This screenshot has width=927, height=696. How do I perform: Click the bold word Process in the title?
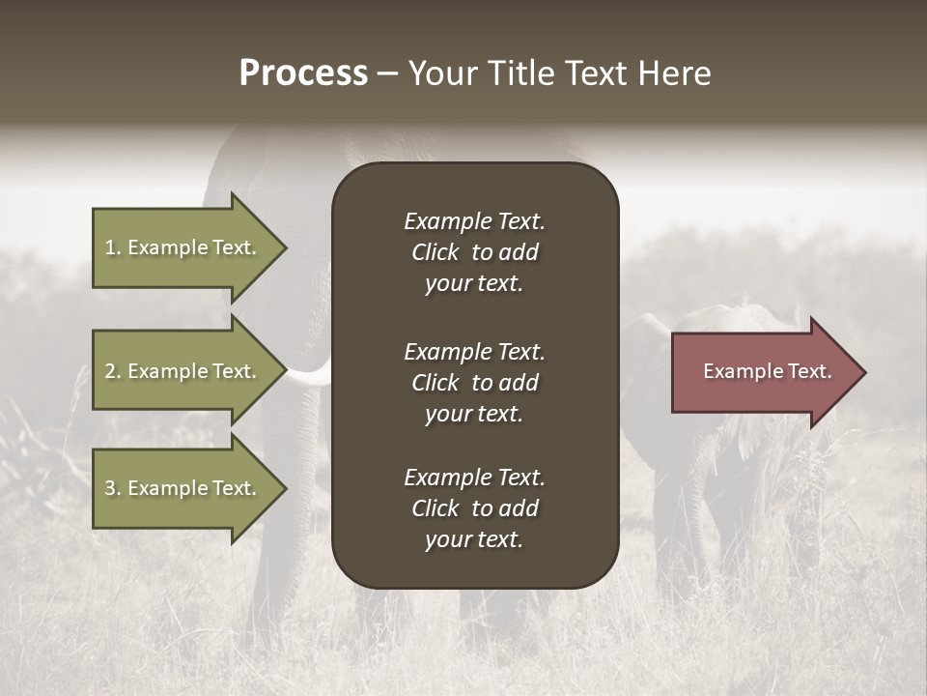point(303,73)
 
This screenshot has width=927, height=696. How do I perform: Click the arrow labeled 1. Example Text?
point(183,247)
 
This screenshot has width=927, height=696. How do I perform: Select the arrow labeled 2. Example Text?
point(183,371)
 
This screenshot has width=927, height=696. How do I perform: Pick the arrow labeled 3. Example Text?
point(183,488)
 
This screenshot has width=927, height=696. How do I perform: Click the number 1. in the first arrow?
point(112,247)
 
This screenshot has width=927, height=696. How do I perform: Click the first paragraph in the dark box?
point(474,252)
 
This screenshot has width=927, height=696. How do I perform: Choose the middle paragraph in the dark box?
point(474,383)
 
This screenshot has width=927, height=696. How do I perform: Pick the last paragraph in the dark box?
point(474,508)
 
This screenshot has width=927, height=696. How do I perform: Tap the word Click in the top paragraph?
point(435,252)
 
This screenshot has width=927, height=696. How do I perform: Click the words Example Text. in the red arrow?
point(767,371)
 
